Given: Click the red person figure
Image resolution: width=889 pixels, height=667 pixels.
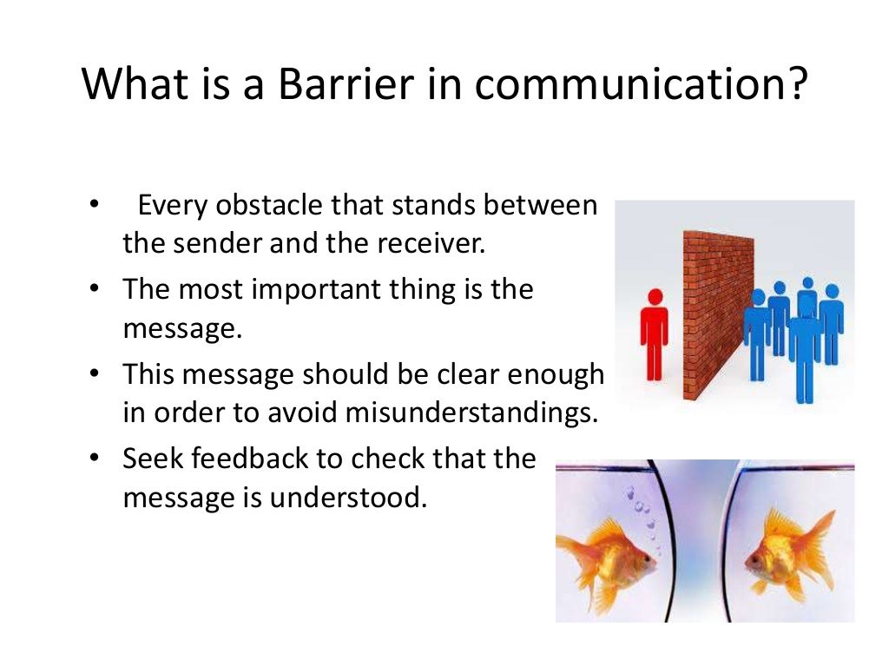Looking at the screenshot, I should coord(655,334).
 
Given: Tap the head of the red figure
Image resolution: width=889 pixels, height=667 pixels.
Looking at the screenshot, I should coord(655,297).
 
